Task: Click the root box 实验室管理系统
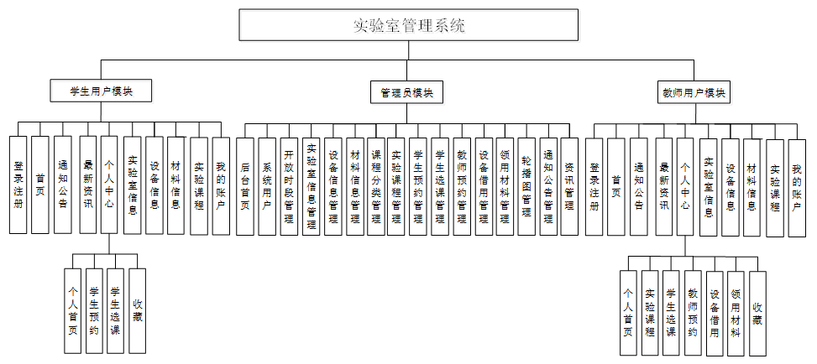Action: point(408,25)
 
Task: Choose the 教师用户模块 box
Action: point(694,92)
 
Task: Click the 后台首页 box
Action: point(245,185)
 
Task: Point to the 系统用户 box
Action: point(267,185)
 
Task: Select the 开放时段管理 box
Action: point(289,185)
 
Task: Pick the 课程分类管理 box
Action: point(375,185)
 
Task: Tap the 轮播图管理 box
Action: point(526,185)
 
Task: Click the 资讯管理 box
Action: point(569,185)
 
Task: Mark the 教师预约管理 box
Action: point(462,185)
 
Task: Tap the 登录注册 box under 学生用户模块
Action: point(18,185)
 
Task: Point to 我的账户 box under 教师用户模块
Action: point(796,187)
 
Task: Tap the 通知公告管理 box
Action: point(548,185)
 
